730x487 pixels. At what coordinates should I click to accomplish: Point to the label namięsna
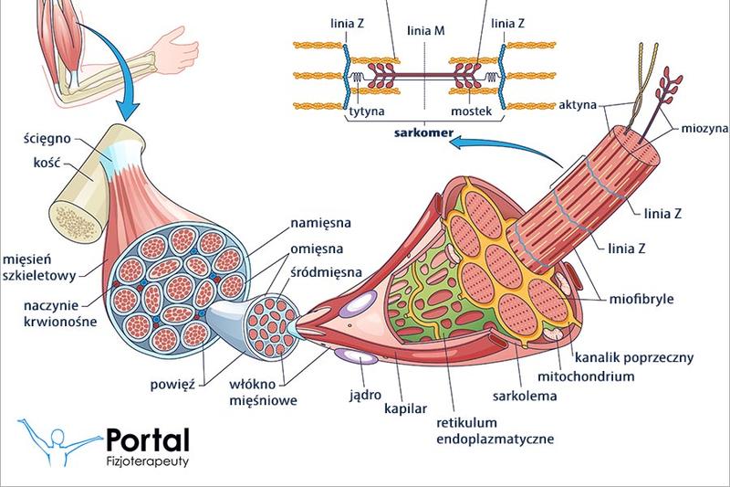[x=320, y=221]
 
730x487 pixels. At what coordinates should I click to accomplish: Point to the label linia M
[x=427, y=31]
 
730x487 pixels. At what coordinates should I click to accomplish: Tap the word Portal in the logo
[x=147, y=439]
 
